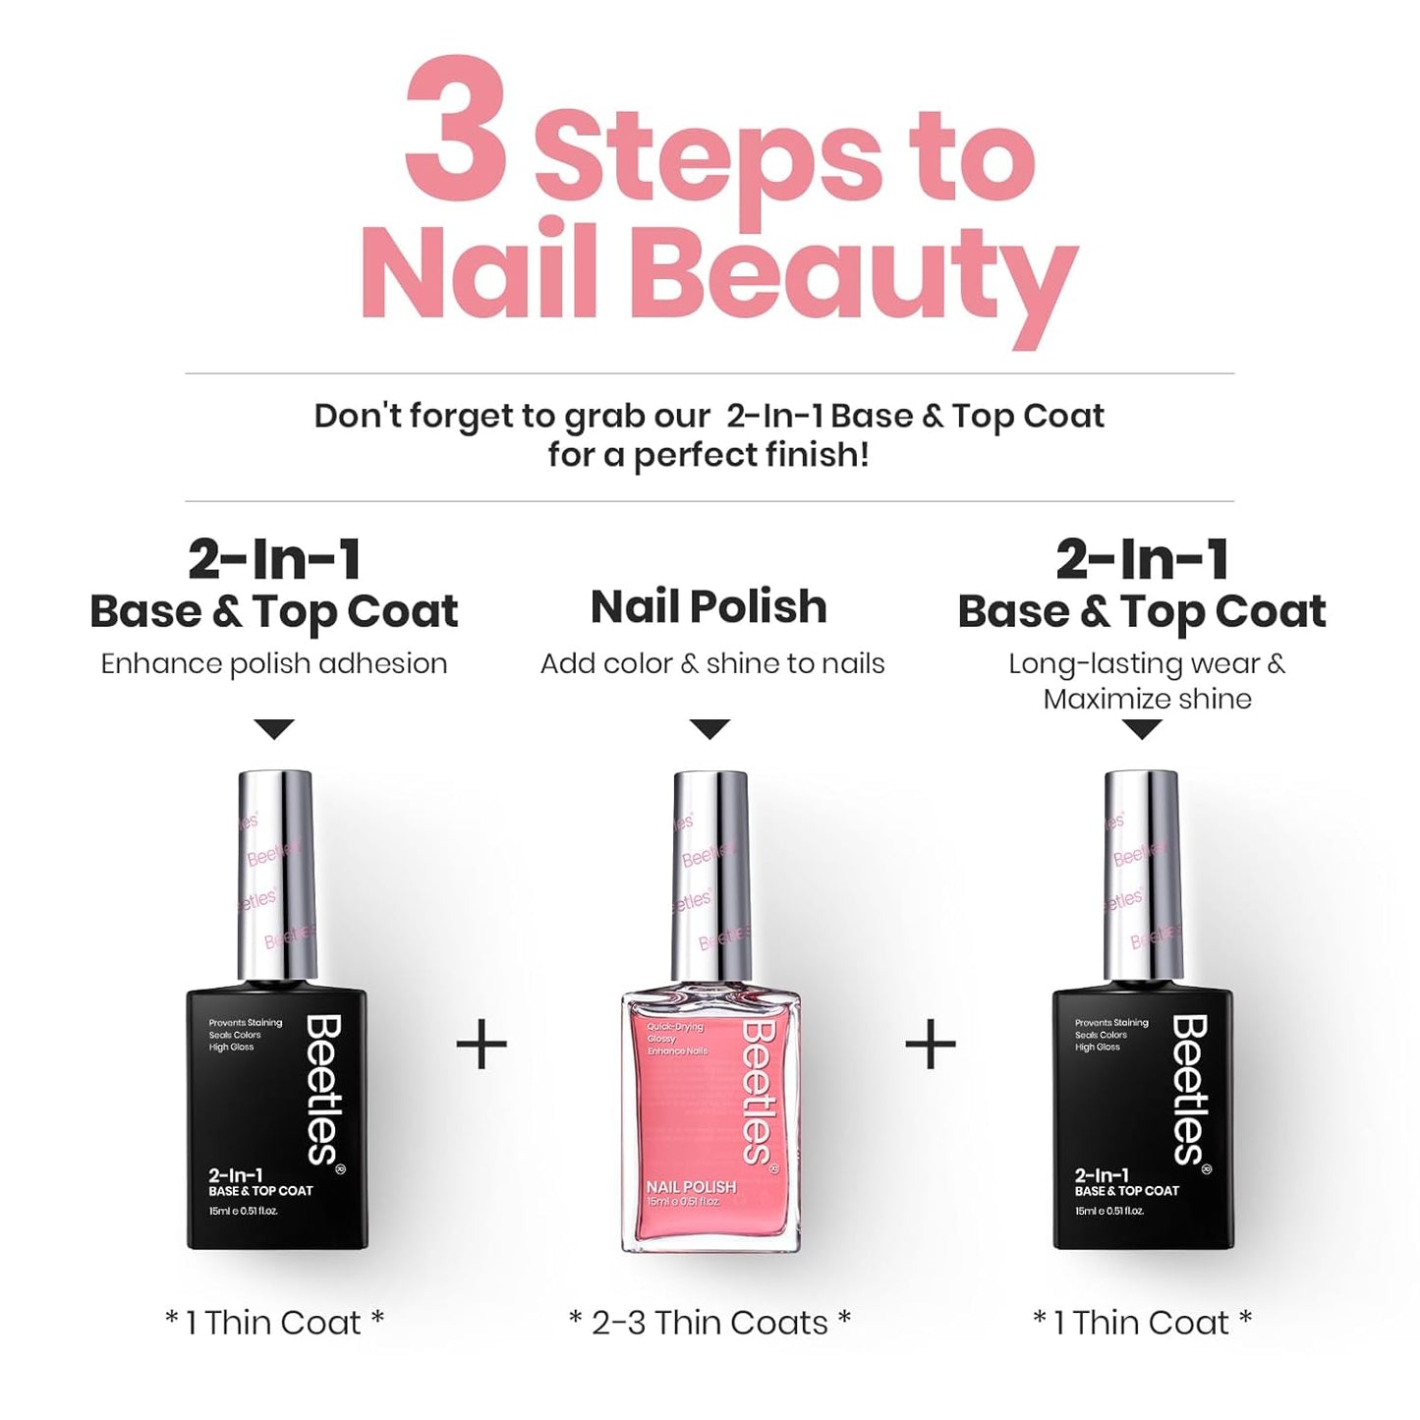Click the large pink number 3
coord(456,130)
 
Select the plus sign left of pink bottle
coord(482,1045)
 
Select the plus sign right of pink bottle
coord(930,1045)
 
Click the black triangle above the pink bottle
coord(710,729)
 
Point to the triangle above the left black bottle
coord(274,729)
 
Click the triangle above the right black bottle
coord(1142,729)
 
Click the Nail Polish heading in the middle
coord(709,607)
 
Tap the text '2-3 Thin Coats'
coord(710,1323)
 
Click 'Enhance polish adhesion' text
coord(274,664)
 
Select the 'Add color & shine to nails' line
coord(712,664)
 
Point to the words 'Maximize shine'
coord(1147,700)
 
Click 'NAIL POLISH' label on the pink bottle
coord(691,1187)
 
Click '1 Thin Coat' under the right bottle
coord(1142,1323)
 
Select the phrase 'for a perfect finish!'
coord(709,455)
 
